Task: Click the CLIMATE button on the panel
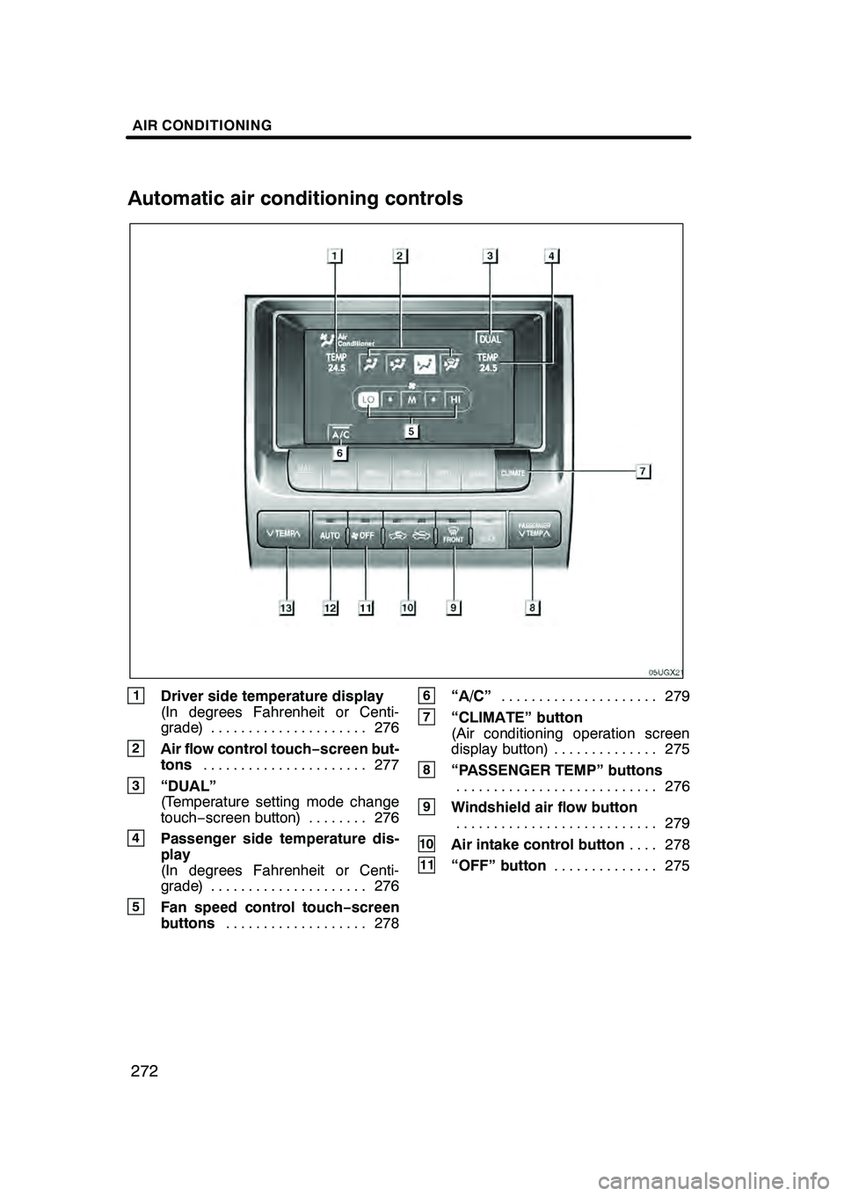click(512, 472)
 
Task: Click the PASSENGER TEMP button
click(534, 529)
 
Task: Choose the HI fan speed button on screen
click(455, 399)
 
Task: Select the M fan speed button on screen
click(411, 399)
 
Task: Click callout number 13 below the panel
click(287, 607)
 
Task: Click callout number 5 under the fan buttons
click(411, 431)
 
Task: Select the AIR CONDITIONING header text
click(202, 126)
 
